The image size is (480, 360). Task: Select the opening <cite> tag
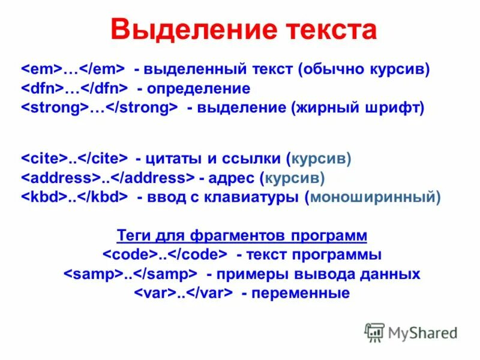pos(44,159)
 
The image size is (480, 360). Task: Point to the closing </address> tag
pos(154,178)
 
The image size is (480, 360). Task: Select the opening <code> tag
pos(130,255)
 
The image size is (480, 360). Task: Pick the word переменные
pos(301,293)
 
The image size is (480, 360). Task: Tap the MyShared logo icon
pos(374,331)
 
